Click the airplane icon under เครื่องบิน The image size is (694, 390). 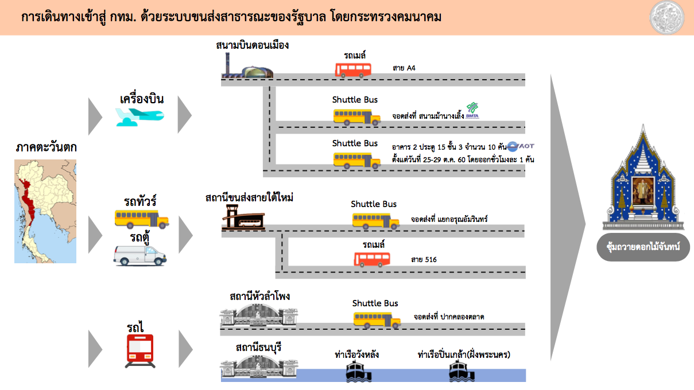coord(139,117)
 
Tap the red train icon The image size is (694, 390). coord(140,351)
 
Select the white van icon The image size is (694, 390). coord(139,256)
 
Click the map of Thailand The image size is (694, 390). coord(45,212)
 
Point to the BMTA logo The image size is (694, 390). coord(472,111)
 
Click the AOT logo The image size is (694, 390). coord(521,146)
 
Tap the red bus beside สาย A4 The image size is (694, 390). coord(353,70)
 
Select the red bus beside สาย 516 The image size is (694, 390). coord(372,259)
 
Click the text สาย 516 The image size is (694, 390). coord(424,260)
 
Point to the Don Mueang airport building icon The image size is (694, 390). coord(247,65)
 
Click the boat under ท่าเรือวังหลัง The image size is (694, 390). coord(358,372)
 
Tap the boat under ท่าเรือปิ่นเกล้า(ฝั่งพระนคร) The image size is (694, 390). coord(462,372)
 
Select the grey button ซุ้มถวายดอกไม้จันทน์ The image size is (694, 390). coord(643,247)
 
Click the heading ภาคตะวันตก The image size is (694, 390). coord(46,147)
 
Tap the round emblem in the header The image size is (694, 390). coord(667,17)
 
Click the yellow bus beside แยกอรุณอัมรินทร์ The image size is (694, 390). coord(376,221)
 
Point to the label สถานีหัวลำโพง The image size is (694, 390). coord(259,297)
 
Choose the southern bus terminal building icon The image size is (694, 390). coord(243,217)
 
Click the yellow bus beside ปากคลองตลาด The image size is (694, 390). coord(377,320)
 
